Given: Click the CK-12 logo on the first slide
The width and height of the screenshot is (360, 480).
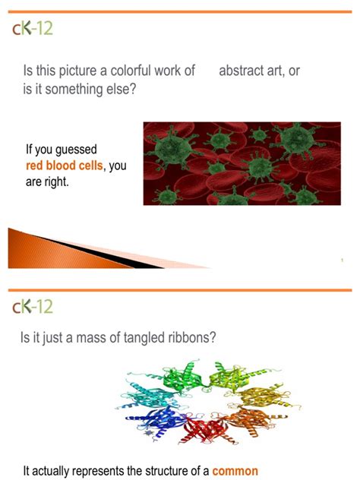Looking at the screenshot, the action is click(x=33, y=28).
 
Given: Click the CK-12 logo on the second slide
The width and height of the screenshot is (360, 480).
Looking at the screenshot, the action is click(x=33, y=306).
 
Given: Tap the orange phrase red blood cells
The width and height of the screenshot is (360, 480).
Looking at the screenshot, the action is click(x=65, y=166).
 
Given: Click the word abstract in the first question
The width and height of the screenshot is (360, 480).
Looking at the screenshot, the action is click(x=242, y=71).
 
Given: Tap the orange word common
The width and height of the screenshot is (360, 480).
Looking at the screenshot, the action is click(x=235, y=471).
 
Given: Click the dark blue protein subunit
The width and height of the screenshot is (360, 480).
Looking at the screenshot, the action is click(x=156, y=420).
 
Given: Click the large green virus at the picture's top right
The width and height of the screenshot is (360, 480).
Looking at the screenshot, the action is click(x=296, y=139).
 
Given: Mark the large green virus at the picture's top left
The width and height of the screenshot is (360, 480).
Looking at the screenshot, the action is click(x=173, y=148).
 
